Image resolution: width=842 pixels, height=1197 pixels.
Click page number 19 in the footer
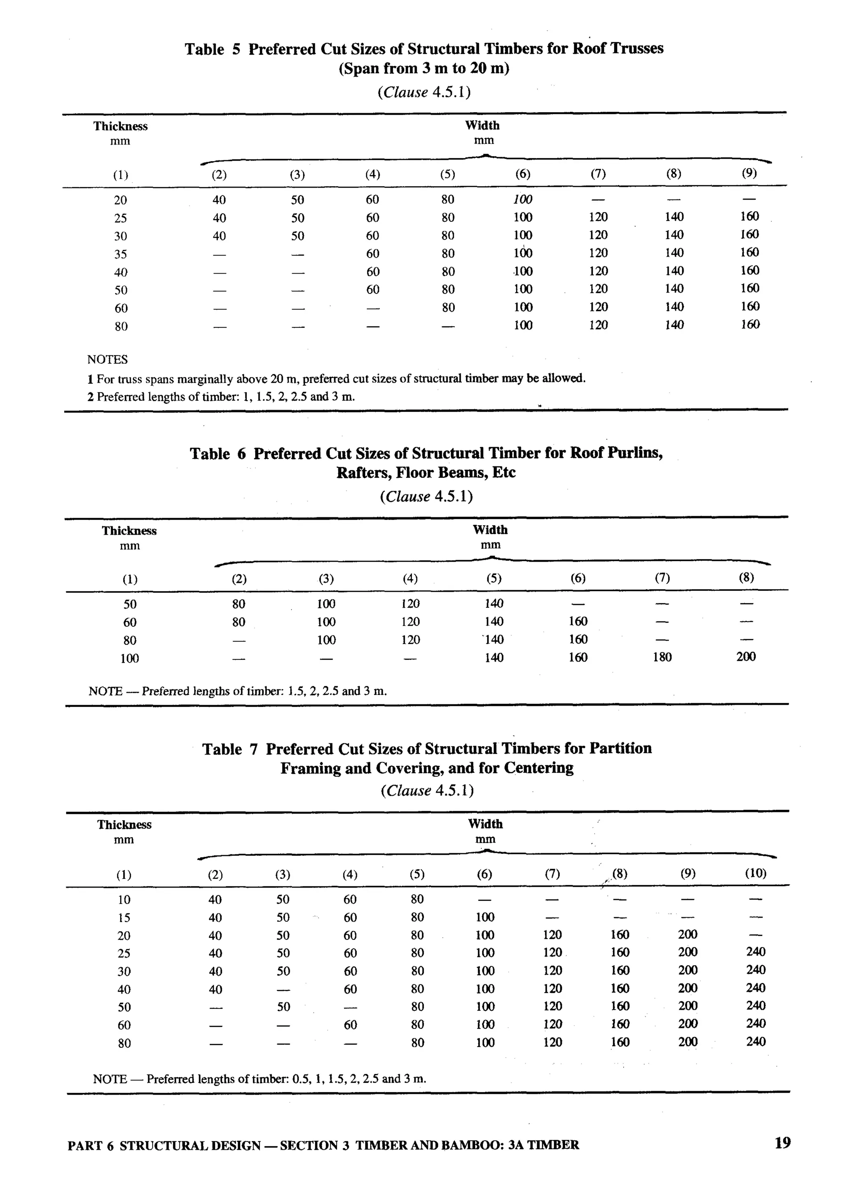pos(782,1143)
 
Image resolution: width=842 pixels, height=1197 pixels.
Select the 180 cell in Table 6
pos(662,657)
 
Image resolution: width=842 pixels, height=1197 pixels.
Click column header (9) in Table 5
pos(749,173)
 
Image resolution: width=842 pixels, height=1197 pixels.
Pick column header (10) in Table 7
pos(755,873)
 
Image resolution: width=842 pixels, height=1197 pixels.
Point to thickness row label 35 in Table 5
pos(120,254)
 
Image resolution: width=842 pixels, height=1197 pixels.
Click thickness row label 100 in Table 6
pos(130,658)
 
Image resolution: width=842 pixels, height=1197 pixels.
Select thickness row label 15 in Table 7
pos(124,918)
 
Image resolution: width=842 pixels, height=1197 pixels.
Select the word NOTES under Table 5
pos(107,359)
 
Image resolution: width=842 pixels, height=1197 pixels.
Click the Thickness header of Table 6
pos(129,531)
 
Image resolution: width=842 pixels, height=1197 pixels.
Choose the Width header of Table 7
pos(485,824)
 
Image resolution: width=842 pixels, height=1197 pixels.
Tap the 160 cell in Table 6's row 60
pos(578,621)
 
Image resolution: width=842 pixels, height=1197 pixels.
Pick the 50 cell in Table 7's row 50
pos(283,1007)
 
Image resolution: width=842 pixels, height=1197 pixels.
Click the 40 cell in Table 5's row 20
pos(219,200)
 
